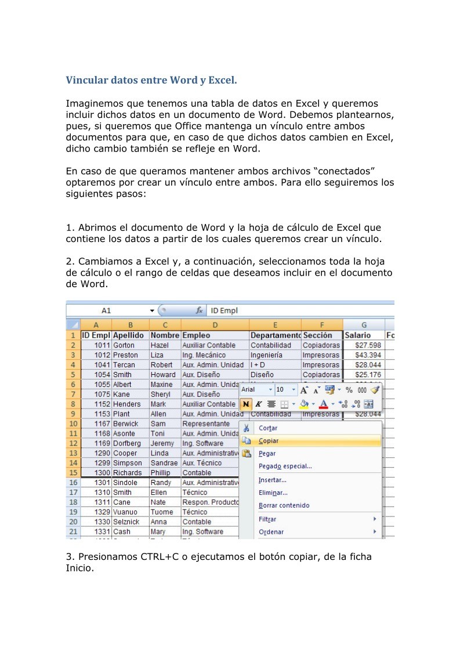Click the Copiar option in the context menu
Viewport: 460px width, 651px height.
pos(268,441)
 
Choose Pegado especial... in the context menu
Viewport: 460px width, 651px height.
pos(285,466)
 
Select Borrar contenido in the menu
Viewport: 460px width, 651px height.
pos(284,505)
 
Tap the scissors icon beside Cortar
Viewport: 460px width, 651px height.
pos(247,428)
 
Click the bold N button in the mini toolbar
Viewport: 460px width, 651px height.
pos(246,404)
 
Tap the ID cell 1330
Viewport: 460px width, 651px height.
pos(102,522)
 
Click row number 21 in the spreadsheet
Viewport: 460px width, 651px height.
pos(73,531)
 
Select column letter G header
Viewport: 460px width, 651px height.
pos(364,325)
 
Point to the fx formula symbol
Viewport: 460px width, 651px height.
pos(199,311)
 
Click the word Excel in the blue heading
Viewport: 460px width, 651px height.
pos(222,79)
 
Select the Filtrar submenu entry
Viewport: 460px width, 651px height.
pos(267,519)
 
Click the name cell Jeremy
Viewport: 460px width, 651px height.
pos(162,443)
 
